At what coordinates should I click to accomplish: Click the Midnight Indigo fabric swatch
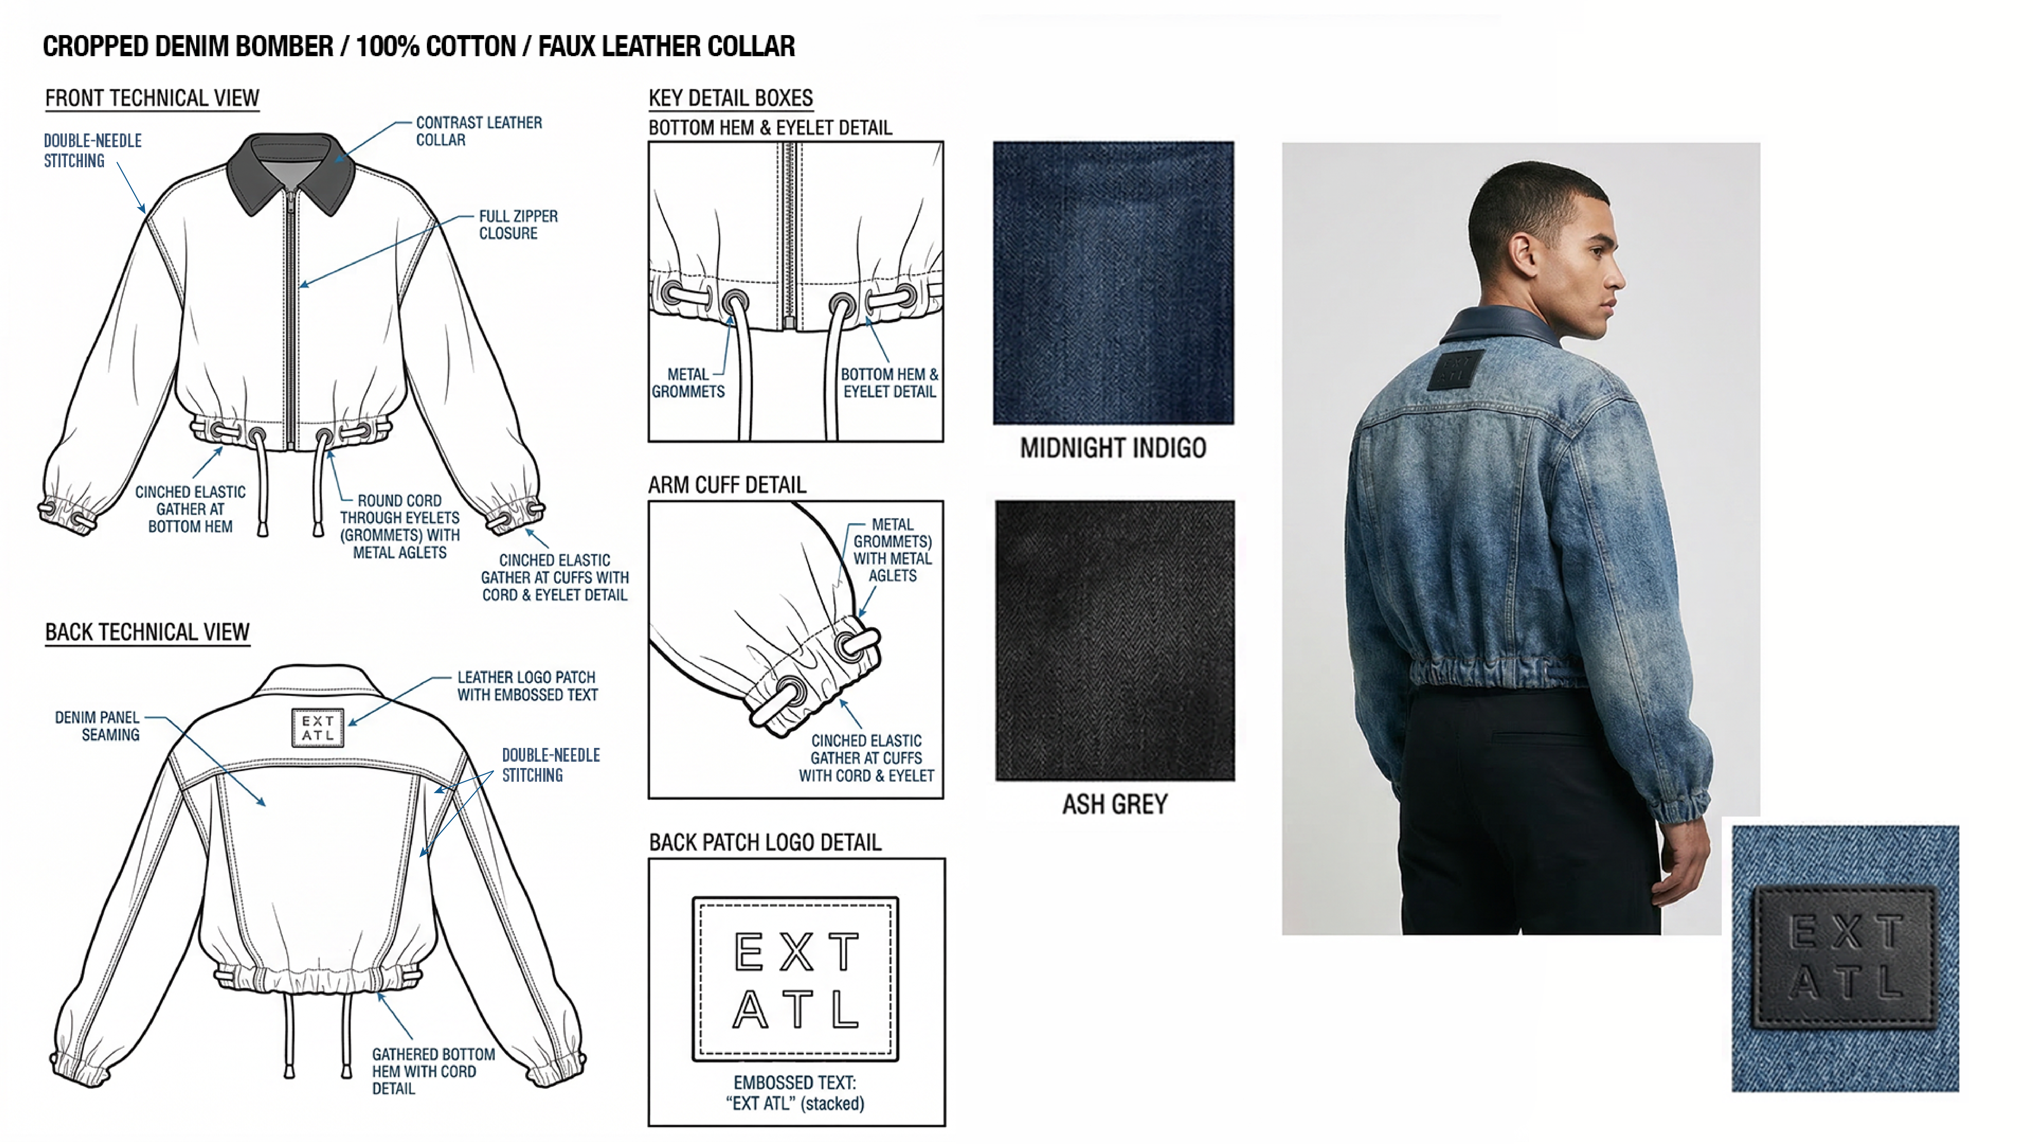pyautogui.click(x=1113, y=283)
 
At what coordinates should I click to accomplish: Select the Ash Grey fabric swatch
pyautogui.click(x=1114, y=640)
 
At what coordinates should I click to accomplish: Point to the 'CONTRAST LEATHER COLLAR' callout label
pyautogui.click(x=479, y=131)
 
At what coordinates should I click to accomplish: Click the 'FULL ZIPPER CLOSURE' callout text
pyautogui.click(x=518, y=224)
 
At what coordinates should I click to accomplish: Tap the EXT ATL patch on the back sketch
pyautogui.click(x=318, y=727)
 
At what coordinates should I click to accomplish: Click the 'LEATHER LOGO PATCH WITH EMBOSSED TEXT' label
pyautogui.click(x=527, y=686)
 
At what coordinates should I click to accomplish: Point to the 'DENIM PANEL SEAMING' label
pyautogui.click(x=97, y=726)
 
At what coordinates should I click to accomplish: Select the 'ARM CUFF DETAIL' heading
pyautogui.click(x=727, y=485)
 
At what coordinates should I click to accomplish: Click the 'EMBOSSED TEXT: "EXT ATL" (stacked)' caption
pyautogui.click(x=796, y=1093)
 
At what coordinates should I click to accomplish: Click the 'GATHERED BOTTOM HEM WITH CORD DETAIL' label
pyautogui.click(x=433, y=1071)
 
